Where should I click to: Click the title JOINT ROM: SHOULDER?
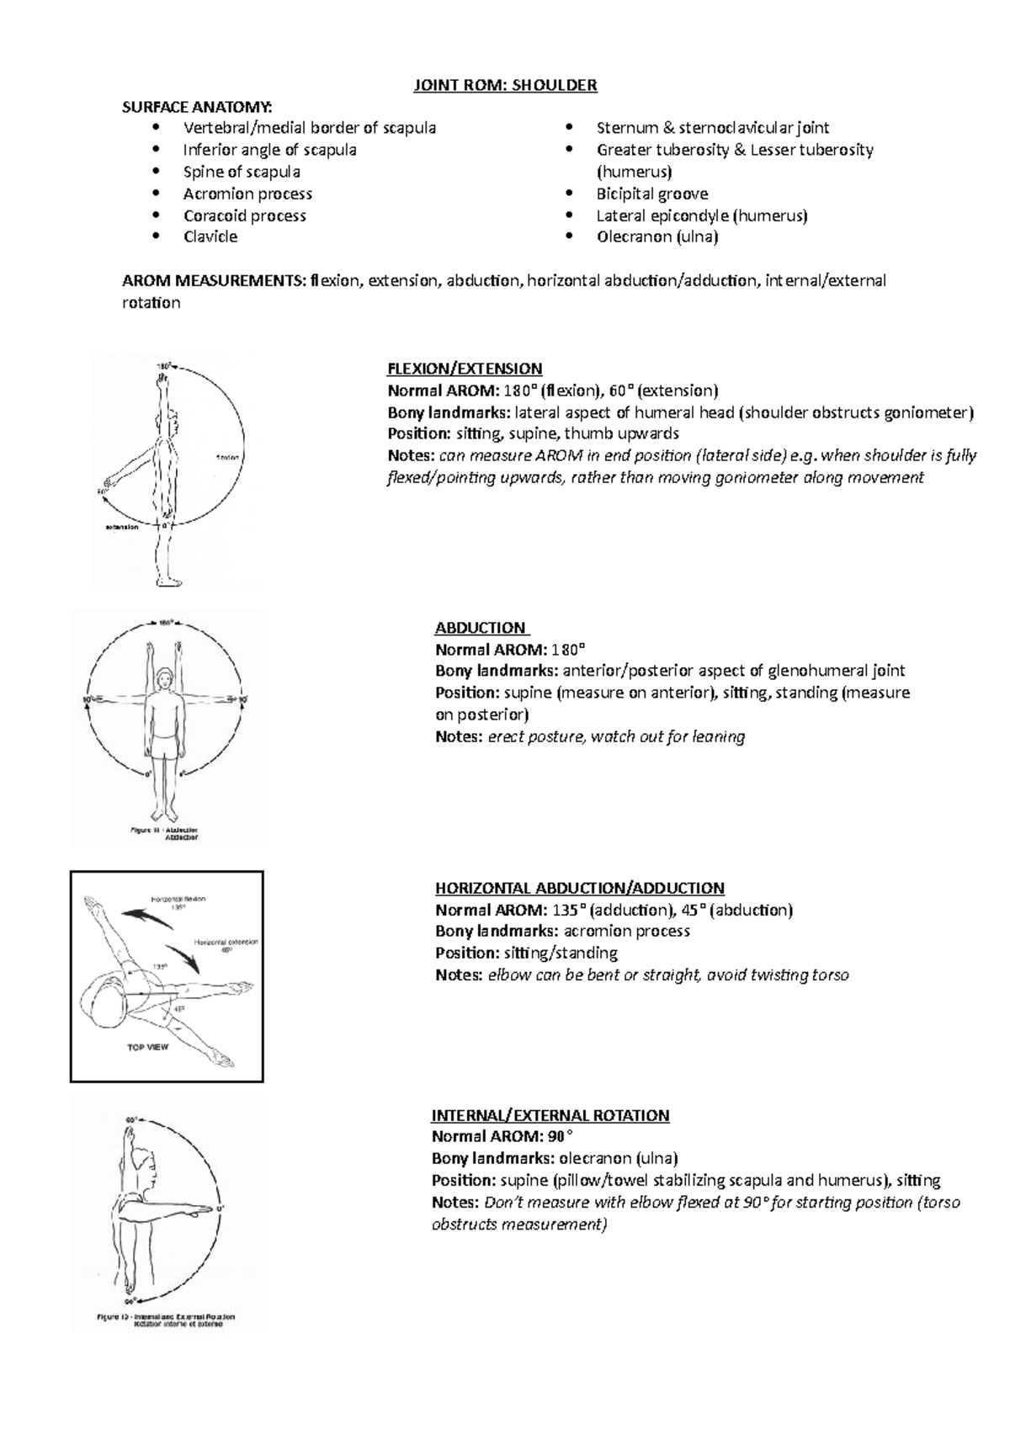[504, 85]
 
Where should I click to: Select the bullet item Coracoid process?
[244, 215]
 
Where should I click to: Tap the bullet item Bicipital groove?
[651, 194]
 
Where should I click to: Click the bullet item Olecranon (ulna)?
[656, 237]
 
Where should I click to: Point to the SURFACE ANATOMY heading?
[197, 107]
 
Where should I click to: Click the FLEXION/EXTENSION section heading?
[464, 369]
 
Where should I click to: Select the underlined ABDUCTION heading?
[481, 628]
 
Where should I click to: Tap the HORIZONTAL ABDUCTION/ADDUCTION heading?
[579, 888]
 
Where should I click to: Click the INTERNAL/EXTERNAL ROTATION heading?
[550, 1115]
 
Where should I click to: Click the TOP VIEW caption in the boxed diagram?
[147, 1048]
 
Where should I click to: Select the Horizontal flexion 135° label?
[178, 903]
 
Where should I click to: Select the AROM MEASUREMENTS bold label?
[214, 281]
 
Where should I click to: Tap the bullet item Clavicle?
[210, 237]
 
